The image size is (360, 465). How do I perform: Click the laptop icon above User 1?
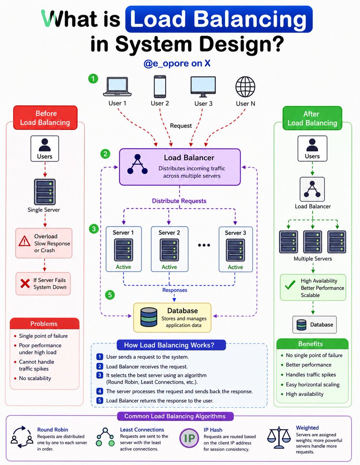coord(117,87)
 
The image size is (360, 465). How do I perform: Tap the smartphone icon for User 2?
coord(160,86)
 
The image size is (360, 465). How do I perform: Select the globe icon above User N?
coord(245,87)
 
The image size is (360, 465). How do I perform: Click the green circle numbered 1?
coord(93,79)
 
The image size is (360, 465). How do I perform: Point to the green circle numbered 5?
coord(110,295)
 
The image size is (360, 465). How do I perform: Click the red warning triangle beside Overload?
coord(24,241)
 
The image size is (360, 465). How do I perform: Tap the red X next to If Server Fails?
coord(25,284)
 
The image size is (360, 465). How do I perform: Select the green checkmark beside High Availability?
coord(290,285)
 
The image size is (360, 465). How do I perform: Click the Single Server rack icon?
coord(45,192)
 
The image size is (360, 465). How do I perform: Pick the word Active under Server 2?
coord(169,267)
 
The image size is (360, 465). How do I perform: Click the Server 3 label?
coord(235,232)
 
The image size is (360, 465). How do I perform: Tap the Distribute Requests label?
coord(179,201)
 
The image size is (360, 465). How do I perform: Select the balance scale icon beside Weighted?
coord(279,437)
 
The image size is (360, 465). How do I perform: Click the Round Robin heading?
coord(53,429)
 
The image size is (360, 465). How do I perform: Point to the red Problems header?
coord(45,324)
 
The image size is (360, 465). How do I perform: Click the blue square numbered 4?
coord(99,391)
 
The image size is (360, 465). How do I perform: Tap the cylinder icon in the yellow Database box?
coord(149,317)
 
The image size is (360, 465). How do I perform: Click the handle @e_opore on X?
coord(177,63)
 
